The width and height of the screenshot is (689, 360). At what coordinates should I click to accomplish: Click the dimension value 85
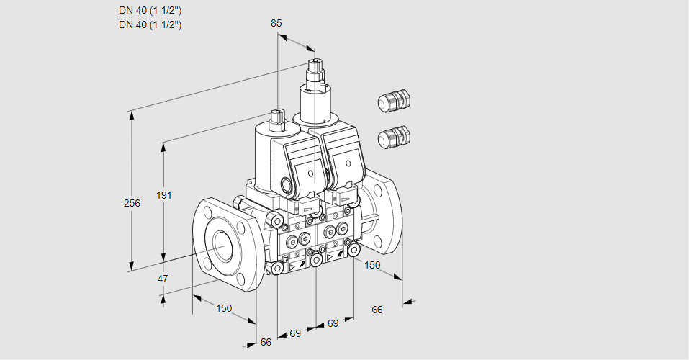pyautogui.click(x=276, y=23)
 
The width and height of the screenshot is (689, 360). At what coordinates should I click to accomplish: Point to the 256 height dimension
pyautogui.click(x=132, y=204)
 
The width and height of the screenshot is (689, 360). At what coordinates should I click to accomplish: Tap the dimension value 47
pyautogui.click(x=163, y=279)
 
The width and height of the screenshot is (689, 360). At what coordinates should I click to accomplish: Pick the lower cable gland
pyautogui.click(x=394, y=136)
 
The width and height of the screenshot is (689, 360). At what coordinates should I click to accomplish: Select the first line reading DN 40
pyautogui.click(x=150, y=10)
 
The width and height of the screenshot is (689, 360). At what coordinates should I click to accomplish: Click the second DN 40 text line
pyautogui.click(x=150, y=24)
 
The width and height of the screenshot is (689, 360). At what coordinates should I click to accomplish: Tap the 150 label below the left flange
pyautogui.click(x=225, y=309)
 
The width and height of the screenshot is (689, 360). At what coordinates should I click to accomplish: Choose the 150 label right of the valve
pyautogui.click(x=372, y=265)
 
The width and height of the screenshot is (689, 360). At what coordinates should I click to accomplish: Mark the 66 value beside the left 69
pyautogui.click(x=266, y=342)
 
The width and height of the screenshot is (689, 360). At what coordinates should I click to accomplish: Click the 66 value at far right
pyautogui.click(x=377, y=310)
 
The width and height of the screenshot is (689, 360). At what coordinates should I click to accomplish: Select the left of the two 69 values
pyautogui.click(x=295, y=333)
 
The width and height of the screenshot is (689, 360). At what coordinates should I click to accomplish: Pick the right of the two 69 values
pyautogui.click(x=333, y=323)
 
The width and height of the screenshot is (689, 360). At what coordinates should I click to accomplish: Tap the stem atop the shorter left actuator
pyautogui.click(x=277, y=116)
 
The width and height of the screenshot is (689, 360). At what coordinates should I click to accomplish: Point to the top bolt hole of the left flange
pyautogui.click(x=207, y=212)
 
